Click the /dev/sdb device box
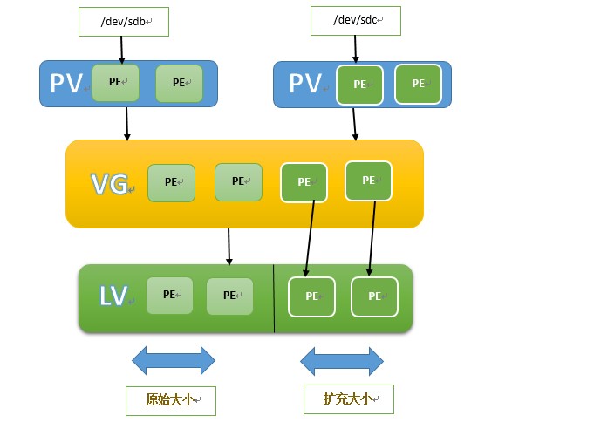(123, 21)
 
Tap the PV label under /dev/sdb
(66, 83)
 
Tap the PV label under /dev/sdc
(306, 84)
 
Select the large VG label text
(109, 183)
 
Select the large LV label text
(113, 296)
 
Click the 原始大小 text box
(170, 401)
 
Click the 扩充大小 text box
(348, 399)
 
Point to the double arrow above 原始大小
(173, 360)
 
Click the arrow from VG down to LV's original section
(229, 246)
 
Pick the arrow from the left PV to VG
(127, 123)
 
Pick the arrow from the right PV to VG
(354, 123)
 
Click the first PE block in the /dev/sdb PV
(115, 83)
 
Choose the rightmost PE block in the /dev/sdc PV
(418, 84)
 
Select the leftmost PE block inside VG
(171, 182)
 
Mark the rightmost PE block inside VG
(368, 181)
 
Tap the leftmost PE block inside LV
(169, 295)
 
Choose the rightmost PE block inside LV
(374, 296)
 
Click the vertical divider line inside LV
(274, 298)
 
